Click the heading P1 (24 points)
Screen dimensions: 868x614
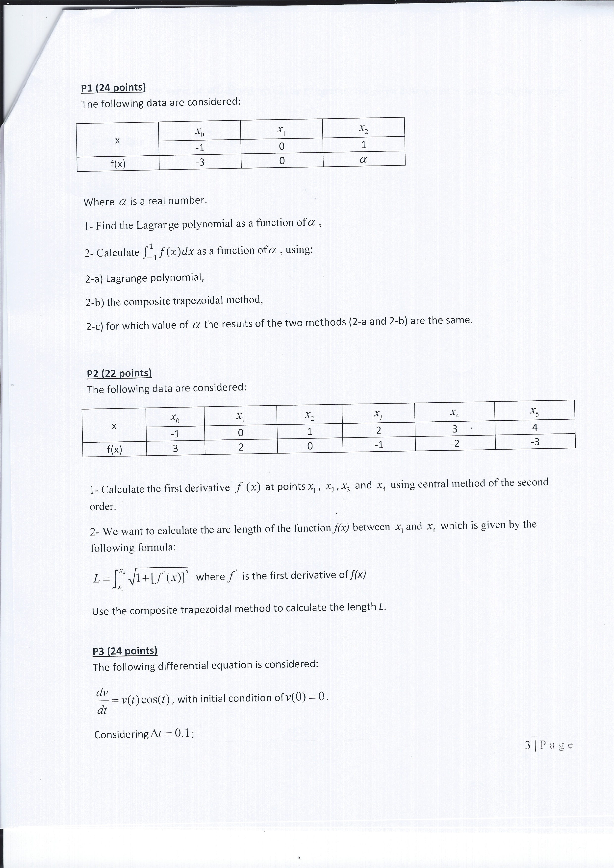(113, 88)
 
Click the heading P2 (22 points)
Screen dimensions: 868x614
(119, 374)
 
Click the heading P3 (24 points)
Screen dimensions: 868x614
(125, 651)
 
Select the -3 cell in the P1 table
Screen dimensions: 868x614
(200, 162)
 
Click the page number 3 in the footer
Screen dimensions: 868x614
(528, 745)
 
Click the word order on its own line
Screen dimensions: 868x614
(102, 506)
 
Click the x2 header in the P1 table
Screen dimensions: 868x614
(363, 130)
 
